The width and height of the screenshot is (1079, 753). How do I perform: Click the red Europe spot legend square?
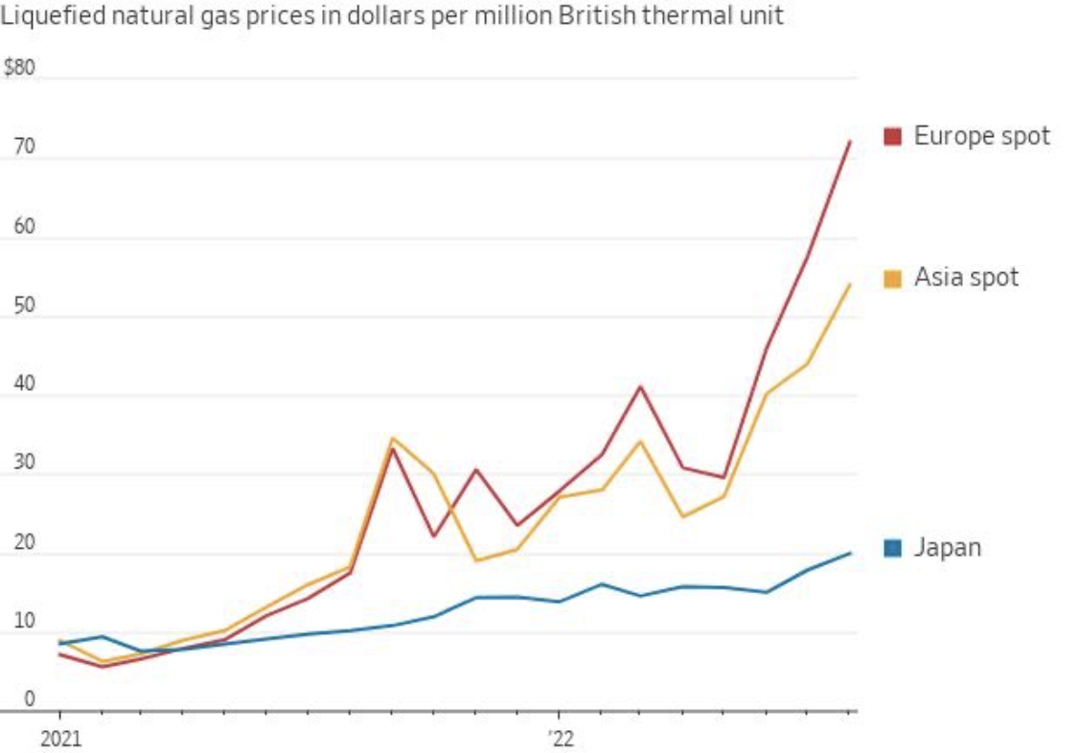coord(892,136)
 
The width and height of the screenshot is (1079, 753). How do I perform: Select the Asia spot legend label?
coord(966,278)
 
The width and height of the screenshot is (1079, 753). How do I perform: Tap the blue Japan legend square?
coord(892,548)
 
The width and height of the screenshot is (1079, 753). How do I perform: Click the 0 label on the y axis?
coord(29,700)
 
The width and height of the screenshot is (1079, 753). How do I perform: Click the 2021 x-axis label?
coord(58,741)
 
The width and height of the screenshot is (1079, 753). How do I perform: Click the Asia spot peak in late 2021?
coord(392,438)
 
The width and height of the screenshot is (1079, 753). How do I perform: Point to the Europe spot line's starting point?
coord(59,654)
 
